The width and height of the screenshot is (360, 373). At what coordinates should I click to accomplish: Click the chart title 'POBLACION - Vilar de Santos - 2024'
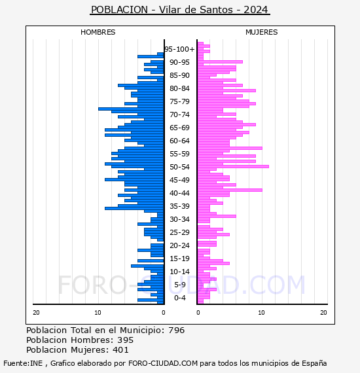179,10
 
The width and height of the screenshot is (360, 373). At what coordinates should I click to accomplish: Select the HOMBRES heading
98,32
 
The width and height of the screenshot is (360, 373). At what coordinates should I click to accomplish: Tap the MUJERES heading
262,32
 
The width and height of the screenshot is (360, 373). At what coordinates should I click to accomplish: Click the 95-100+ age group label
179,49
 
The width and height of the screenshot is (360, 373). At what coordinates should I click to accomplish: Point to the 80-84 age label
179,88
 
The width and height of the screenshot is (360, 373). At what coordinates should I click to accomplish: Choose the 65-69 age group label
179,128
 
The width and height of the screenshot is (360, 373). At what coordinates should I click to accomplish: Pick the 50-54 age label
179,167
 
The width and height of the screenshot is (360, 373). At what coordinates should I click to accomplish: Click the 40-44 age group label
179,193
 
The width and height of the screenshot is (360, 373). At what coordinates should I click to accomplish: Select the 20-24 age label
179,245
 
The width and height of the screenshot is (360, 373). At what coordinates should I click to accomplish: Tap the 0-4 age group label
180,298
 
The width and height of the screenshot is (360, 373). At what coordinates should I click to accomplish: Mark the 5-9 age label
180,285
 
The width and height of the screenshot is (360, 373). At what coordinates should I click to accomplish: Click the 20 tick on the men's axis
36,313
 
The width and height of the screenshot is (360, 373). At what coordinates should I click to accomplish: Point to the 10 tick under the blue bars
98,313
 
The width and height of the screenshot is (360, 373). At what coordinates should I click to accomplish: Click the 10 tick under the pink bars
261,313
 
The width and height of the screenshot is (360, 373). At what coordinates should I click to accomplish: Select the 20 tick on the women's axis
323,313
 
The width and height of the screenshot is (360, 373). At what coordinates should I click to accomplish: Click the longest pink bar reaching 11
233,166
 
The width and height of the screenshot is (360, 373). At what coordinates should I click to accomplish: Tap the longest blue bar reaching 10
131,109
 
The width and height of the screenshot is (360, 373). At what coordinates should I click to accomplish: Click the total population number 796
176,330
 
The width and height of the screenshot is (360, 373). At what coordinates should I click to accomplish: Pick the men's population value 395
126,340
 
